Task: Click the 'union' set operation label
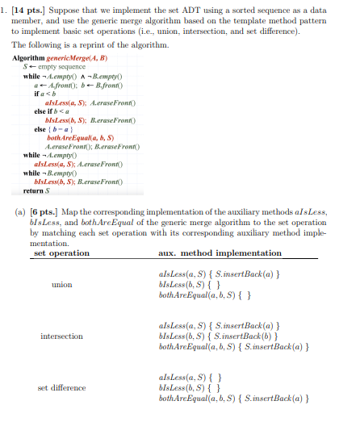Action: [61, 285]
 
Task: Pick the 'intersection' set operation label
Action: [61, 336]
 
